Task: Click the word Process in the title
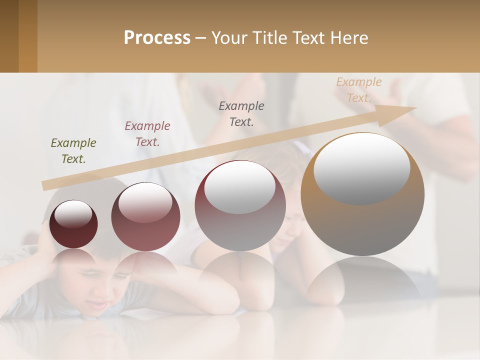click(x=157, y=38)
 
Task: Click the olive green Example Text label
click(x=73, y=151)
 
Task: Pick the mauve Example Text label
click(x=147, y=134)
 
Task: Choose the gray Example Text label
click(x=241, y=114)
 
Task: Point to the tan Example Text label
click(x=359, y=90)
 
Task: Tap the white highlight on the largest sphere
click(x=361, y=167)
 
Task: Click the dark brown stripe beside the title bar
click(x=9, y=36)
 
